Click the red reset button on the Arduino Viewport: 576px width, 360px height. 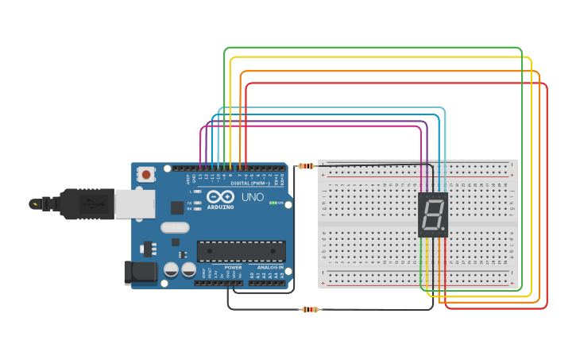point(146,174)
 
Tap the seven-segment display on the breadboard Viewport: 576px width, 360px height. point(433,215)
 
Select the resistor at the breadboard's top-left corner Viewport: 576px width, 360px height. point(306,166)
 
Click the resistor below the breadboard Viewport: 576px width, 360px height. point(309,309)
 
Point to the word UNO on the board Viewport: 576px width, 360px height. point(252,197)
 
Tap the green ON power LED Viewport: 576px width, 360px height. point(273,203)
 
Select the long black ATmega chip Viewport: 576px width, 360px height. point(241,250)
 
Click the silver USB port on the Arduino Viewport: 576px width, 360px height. point(128,203)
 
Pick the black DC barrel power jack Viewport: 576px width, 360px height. point(140,272)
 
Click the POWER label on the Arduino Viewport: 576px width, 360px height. point(233,267)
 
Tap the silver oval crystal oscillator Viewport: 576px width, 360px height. point(176,227)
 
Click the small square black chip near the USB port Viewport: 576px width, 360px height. point(176,207)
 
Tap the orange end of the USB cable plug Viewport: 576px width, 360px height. point(36,204)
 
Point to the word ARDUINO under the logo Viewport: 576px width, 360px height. point(220,207)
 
